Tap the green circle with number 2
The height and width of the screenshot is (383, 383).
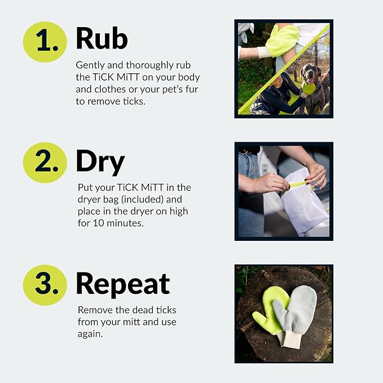point(45,162)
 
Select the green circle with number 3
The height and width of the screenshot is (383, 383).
point(45,284)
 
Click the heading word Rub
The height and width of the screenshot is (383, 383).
point(102,39)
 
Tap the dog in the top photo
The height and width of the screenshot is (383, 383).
point(314,85)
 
